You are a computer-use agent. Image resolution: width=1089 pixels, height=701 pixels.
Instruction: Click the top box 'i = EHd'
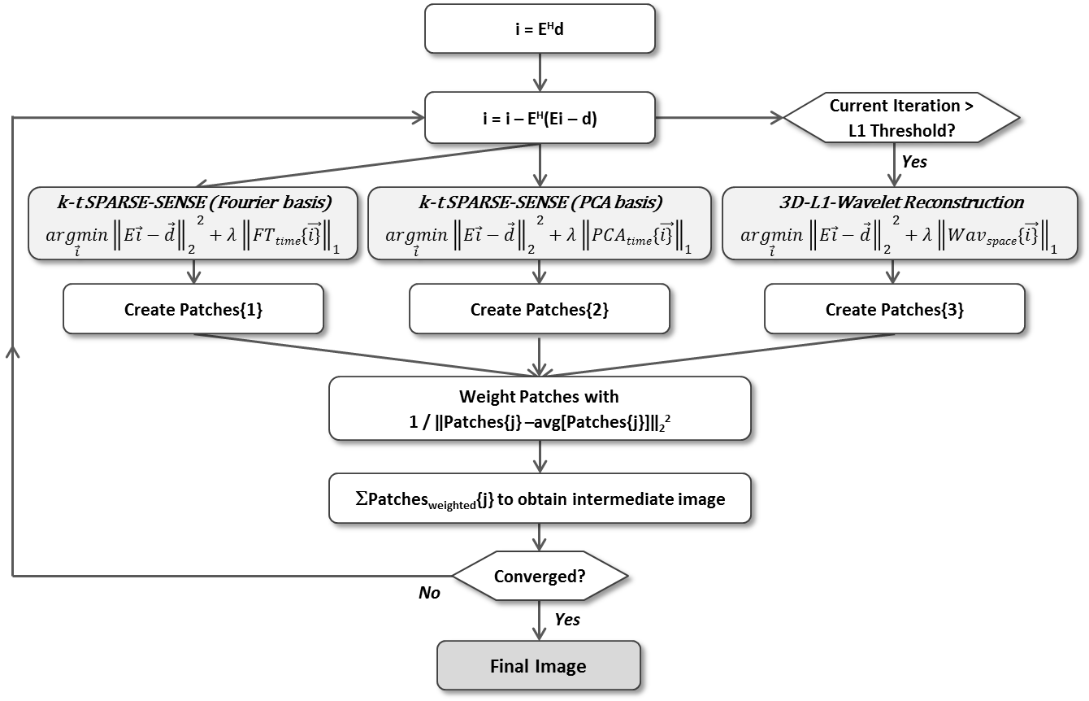[539, 29]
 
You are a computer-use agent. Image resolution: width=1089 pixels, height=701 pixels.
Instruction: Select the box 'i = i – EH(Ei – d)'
[539, 117]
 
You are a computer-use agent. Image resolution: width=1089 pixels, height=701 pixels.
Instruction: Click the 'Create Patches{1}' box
[193, 309]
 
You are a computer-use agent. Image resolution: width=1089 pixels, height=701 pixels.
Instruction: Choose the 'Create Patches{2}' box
[539, 309]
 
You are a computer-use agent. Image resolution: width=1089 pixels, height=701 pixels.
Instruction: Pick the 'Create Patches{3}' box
[894, 309]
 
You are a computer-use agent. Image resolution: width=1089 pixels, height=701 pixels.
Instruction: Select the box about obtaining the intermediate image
[539, 499]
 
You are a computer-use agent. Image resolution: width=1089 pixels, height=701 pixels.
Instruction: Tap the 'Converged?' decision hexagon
[539, 577]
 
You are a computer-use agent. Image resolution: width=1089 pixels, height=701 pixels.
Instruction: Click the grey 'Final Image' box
[539, 666]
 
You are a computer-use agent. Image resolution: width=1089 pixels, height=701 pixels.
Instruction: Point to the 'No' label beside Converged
[428, 593]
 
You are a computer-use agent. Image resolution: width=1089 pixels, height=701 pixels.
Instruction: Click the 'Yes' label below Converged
[567, 620]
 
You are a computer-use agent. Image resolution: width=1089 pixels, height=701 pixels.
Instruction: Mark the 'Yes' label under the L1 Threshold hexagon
[913, 161]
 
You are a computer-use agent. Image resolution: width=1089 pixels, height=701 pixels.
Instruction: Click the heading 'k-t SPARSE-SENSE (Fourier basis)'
[193, 202]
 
